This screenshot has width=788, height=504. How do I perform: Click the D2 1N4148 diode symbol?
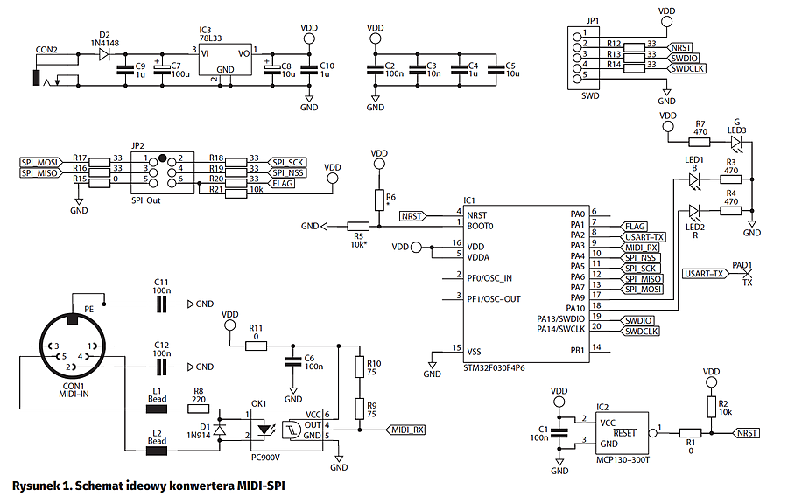tap(104, 53)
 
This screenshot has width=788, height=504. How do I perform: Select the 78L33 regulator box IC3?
tap(225, 59)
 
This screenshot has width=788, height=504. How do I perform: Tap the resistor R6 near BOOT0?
tap(379, 199)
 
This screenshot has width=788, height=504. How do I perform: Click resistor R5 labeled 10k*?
tap(358, 227)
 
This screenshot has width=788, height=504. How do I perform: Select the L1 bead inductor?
tap(157, 409)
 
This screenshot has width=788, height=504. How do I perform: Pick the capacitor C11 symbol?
tap(161, 304)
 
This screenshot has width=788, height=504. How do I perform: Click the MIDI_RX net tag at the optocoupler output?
tap(406, 430)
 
